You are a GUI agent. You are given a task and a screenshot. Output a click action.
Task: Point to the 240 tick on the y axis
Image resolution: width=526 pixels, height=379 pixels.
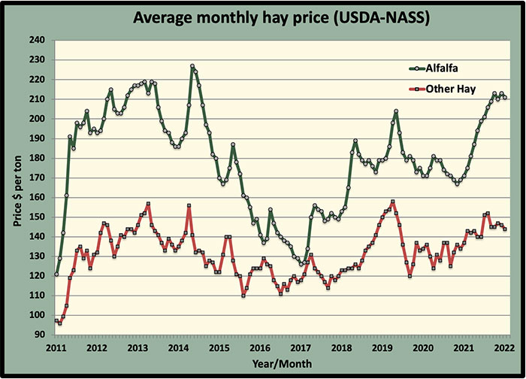[37, 40]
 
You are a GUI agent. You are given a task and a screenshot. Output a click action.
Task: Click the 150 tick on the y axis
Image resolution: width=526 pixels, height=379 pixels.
[37, 217]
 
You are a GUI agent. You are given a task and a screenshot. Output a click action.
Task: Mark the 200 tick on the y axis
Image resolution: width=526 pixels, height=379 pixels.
[37, 119]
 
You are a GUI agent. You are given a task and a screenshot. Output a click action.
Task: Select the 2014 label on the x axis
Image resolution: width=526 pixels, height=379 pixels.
[178, 347]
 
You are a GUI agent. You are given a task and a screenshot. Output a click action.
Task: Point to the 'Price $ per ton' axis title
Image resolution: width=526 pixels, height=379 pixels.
[19, 187]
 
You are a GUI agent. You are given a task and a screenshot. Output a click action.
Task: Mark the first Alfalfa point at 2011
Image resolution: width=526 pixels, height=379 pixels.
[56, 274]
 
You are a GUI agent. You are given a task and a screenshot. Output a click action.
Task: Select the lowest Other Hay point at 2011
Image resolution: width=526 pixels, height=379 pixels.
[59, 323]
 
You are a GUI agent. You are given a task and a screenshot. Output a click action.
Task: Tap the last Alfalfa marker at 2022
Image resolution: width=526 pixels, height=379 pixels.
[505, 97]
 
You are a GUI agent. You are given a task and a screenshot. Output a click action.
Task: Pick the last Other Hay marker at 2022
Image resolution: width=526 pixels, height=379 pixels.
[505, 229]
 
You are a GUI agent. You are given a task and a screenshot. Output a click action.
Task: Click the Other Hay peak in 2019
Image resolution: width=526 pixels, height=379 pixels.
[393, 202]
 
